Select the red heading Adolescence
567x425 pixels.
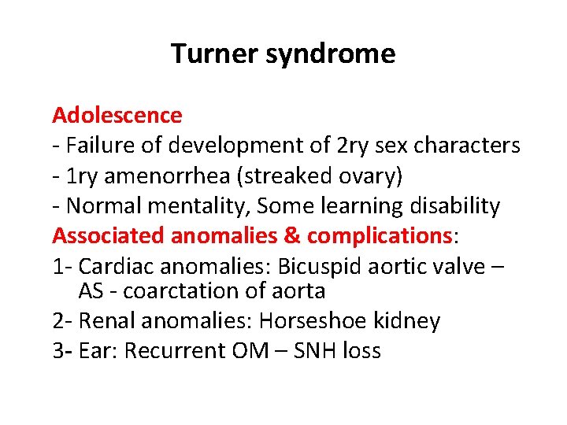(x=117, y=115)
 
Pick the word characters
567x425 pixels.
(x=471, y=146)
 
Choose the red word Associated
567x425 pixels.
(x=109, y=236)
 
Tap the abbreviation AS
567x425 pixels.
(x=91, y=291)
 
